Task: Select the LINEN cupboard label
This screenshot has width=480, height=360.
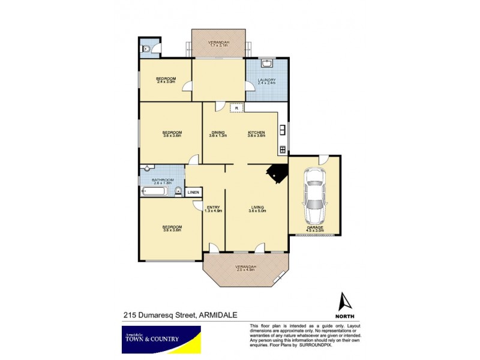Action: [x=193, y=193]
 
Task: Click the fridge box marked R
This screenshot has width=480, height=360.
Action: [x=236, y=108]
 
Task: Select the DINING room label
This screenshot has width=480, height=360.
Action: [x=217, y=133]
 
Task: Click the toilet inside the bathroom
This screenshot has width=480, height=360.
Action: [x=179, y=192]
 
